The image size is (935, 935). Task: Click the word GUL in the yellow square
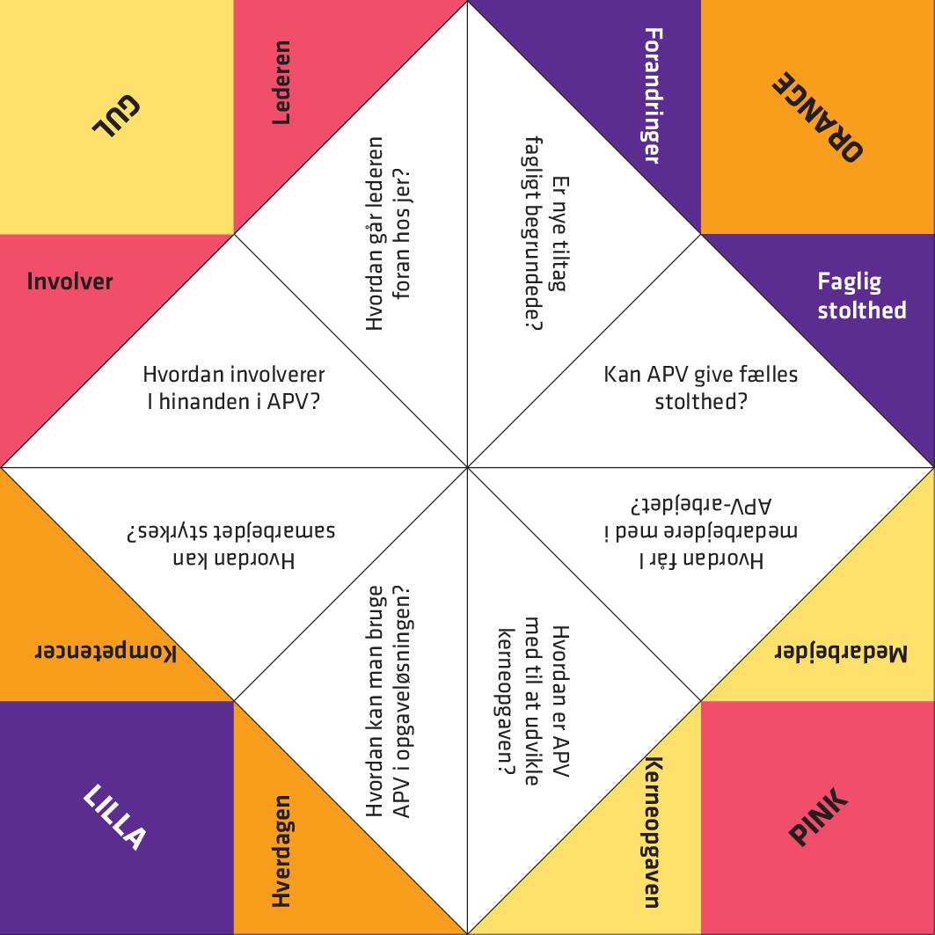[x=117, y=116]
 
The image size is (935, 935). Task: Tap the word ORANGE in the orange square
[x=817, y=117]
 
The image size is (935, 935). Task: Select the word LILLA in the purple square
[x=114, y=816]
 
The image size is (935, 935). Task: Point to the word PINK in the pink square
[x=818, y=816]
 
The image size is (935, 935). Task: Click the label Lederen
[x=281, y=83]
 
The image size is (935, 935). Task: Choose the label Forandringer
[x=654, y=95]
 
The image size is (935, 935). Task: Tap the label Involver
[x=69, y=281]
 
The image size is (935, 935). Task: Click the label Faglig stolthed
[x=862, y=296]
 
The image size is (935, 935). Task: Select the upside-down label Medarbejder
[x=841, y=654]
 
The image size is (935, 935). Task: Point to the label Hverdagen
[x=281, y=851]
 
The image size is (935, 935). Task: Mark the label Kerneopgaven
[x=654, y=832]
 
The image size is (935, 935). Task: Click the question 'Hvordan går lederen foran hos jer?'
[x=388, y=233]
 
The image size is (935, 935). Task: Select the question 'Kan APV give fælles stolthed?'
[x=701, y=388]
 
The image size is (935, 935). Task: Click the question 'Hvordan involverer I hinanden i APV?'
[x=234, y=388]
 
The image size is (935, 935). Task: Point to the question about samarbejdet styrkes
[x=230, y=545]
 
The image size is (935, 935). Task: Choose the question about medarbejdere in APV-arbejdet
[x=701, y=532]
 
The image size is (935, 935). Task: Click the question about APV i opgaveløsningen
[x=388, y=701]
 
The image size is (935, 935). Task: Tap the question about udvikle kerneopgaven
[x=534, y=701]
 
